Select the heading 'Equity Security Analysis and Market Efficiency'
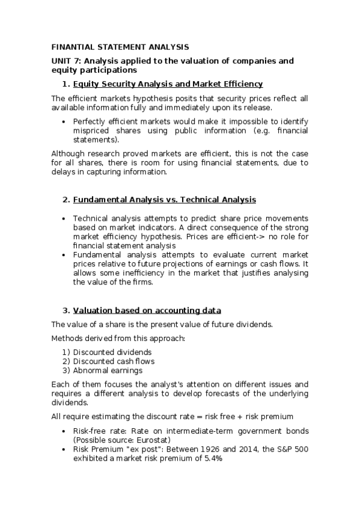tap(168, 84)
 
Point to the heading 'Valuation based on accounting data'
tap(147, 310)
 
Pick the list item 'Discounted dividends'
tap(112, 352)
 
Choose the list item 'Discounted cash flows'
tap(114, 361)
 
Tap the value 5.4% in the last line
tap(211, 458)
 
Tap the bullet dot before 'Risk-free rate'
tap(64, 431)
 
